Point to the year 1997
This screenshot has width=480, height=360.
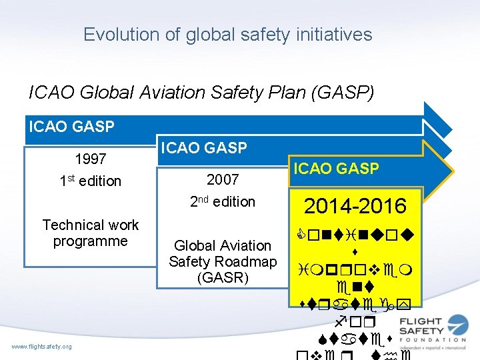91,159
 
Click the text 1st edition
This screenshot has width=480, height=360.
91,181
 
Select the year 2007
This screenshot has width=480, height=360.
223,180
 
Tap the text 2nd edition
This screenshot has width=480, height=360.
223,201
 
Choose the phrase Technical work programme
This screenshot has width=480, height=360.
91,233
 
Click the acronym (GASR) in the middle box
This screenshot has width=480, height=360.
223,277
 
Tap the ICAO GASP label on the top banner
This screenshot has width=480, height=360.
70,125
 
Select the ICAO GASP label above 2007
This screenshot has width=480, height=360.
203,147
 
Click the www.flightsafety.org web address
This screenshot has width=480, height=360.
42,346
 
